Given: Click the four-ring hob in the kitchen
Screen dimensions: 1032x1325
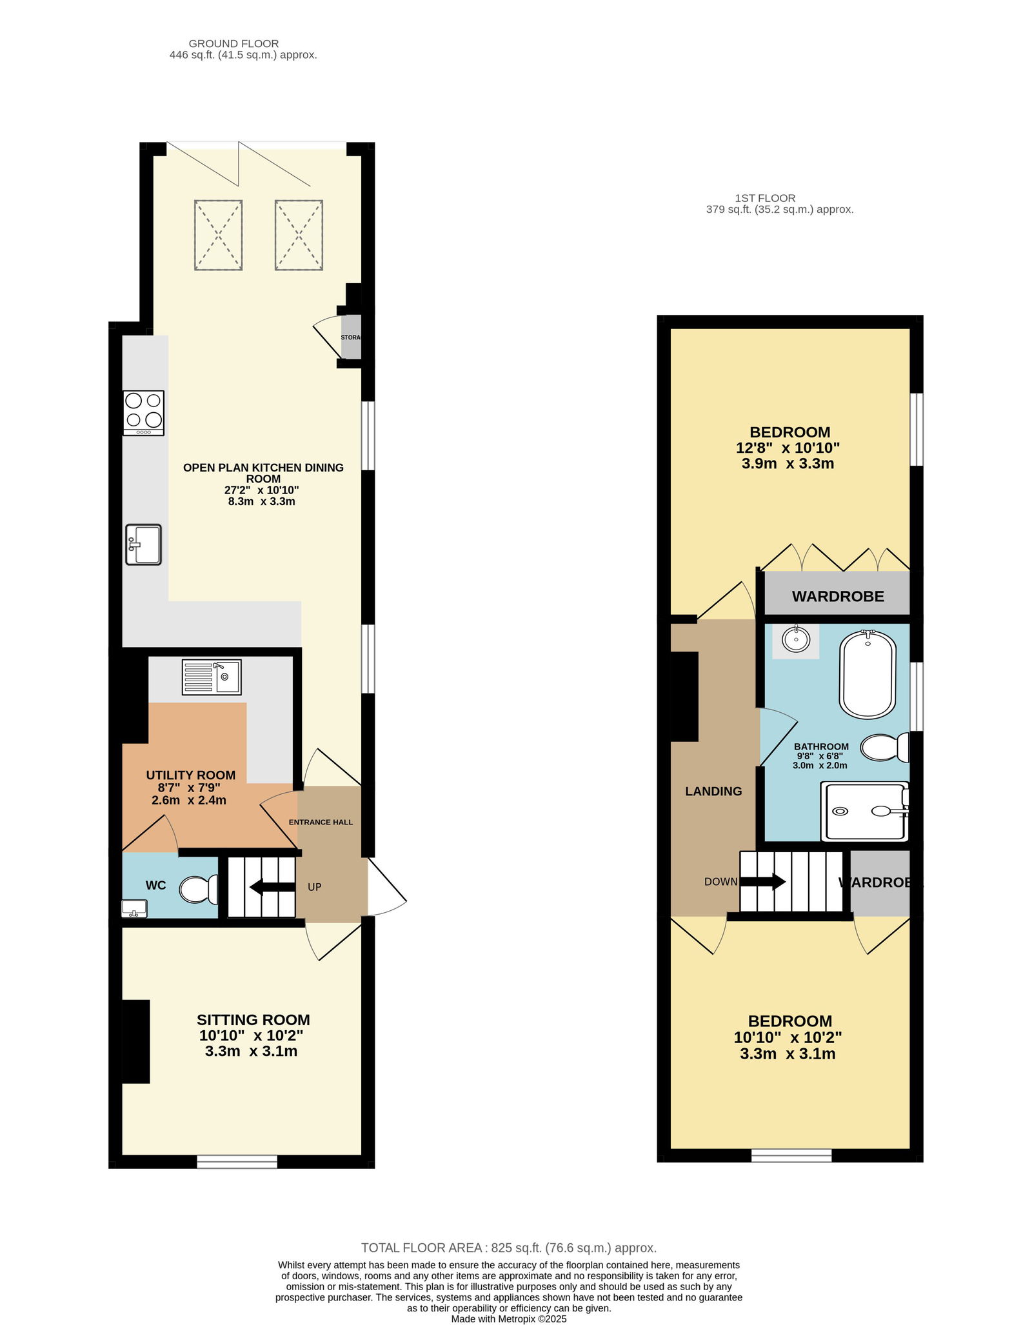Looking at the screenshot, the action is click(x=144, y=413).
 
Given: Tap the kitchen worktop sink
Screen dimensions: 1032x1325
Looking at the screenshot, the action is click(x=143, y=544).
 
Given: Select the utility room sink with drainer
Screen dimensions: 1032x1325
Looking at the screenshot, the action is click(x=212, y=677).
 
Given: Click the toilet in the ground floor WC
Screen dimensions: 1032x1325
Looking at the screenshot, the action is click(x=199, y=890).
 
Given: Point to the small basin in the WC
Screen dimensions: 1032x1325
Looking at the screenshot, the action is click(x=134, y=909).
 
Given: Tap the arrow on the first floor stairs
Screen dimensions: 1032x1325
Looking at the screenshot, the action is click(x=762, y=881).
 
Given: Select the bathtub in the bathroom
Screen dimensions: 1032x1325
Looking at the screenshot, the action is click(x=868, y=674).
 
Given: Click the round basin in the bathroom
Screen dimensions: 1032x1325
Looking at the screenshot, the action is click(x=797, y=639).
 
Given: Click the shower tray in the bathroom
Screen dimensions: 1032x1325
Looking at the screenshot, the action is click(x=865, y=812).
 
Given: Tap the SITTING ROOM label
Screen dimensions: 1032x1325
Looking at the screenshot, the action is click(x=253, y=1020).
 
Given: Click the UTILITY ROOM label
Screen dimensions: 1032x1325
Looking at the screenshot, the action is click(x=191, y=775).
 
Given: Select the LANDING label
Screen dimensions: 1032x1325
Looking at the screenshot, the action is click(x=713, y=792).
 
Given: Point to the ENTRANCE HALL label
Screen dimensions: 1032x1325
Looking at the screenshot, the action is click(x=321, y=822).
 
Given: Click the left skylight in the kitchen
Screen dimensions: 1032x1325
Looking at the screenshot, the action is click(x=219, y=235).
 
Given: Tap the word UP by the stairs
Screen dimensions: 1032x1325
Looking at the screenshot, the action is click(x=314, y=887).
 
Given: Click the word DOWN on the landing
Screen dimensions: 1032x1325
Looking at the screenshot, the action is click(x=720, y=882).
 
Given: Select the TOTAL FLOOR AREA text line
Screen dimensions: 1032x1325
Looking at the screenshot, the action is click(x=509, y=1248).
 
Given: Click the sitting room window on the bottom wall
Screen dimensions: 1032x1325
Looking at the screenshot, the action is click(x=237, y=1161).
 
